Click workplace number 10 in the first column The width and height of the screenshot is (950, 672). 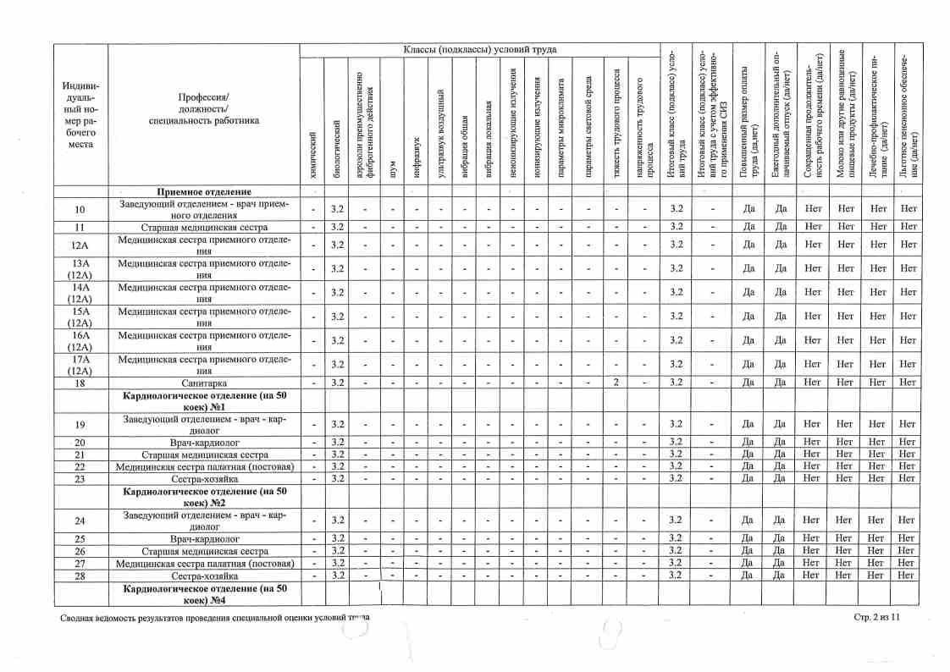(x=80, y=209)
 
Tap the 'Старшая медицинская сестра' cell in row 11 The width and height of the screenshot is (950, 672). (x=204, y=227)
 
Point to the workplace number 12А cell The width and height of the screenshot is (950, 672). (x=80, y=245)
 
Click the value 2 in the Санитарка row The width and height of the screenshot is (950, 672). (x=618, y=383)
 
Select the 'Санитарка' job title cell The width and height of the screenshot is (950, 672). (x=204, y=383)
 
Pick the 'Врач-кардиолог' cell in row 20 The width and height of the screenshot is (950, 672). (x=204, y=442)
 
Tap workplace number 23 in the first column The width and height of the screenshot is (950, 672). (x=80, y=478)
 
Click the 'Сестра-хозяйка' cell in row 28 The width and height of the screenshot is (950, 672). (x=204, y=576)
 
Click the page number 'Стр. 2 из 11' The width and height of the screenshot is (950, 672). (x=876, y=618)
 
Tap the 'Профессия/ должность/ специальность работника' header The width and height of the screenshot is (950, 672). (x=204, y=108)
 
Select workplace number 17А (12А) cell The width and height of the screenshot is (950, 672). (x=80, y=364)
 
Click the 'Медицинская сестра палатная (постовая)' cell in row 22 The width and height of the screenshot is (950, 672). (x=204, y=466)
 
